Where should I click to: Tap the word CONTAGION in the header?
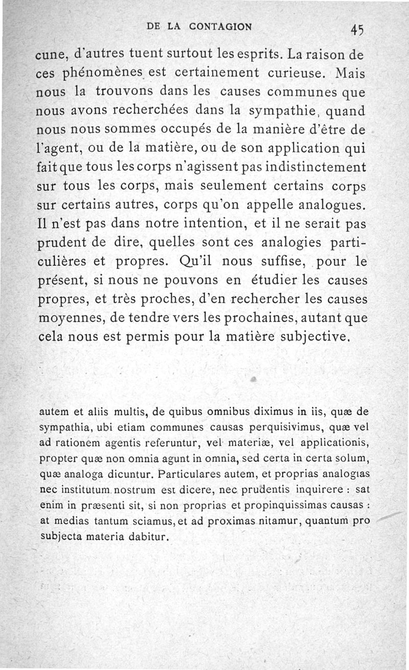tap(221, 27)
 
